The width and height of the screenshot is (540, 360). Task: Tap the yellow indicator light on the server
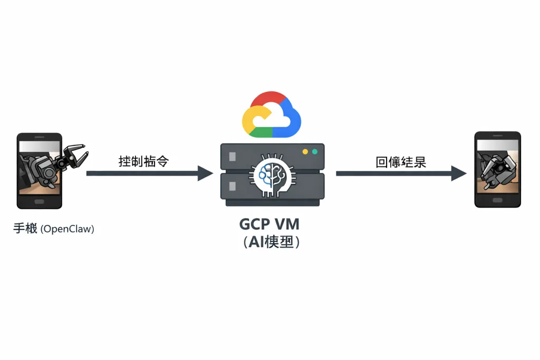click(305, 152)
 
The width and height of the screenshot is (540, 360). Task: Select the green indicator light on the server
click(315, 152)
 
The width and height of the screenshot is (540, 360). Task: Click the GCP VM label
click(269, 224)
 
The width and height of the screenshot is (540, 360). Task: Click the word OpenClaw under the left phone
click(67, 229)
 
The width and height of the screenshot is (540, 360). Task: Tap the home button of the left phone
click(40, 201)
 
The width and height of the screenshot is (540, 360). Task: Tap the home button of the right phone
click(497, 201)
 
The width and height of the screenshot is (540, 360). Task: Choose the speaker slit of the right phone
click(497, 136)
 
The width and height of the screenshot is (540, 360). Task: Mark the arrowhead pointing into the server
click(206, 173)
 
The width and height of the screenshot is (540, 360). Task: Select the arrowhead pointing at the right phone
click(459, 173)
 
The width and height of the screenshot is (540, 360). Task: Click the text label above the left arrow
click(143, 161)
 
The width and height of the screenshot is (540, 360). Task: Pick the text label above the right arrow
click(401, 162)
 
